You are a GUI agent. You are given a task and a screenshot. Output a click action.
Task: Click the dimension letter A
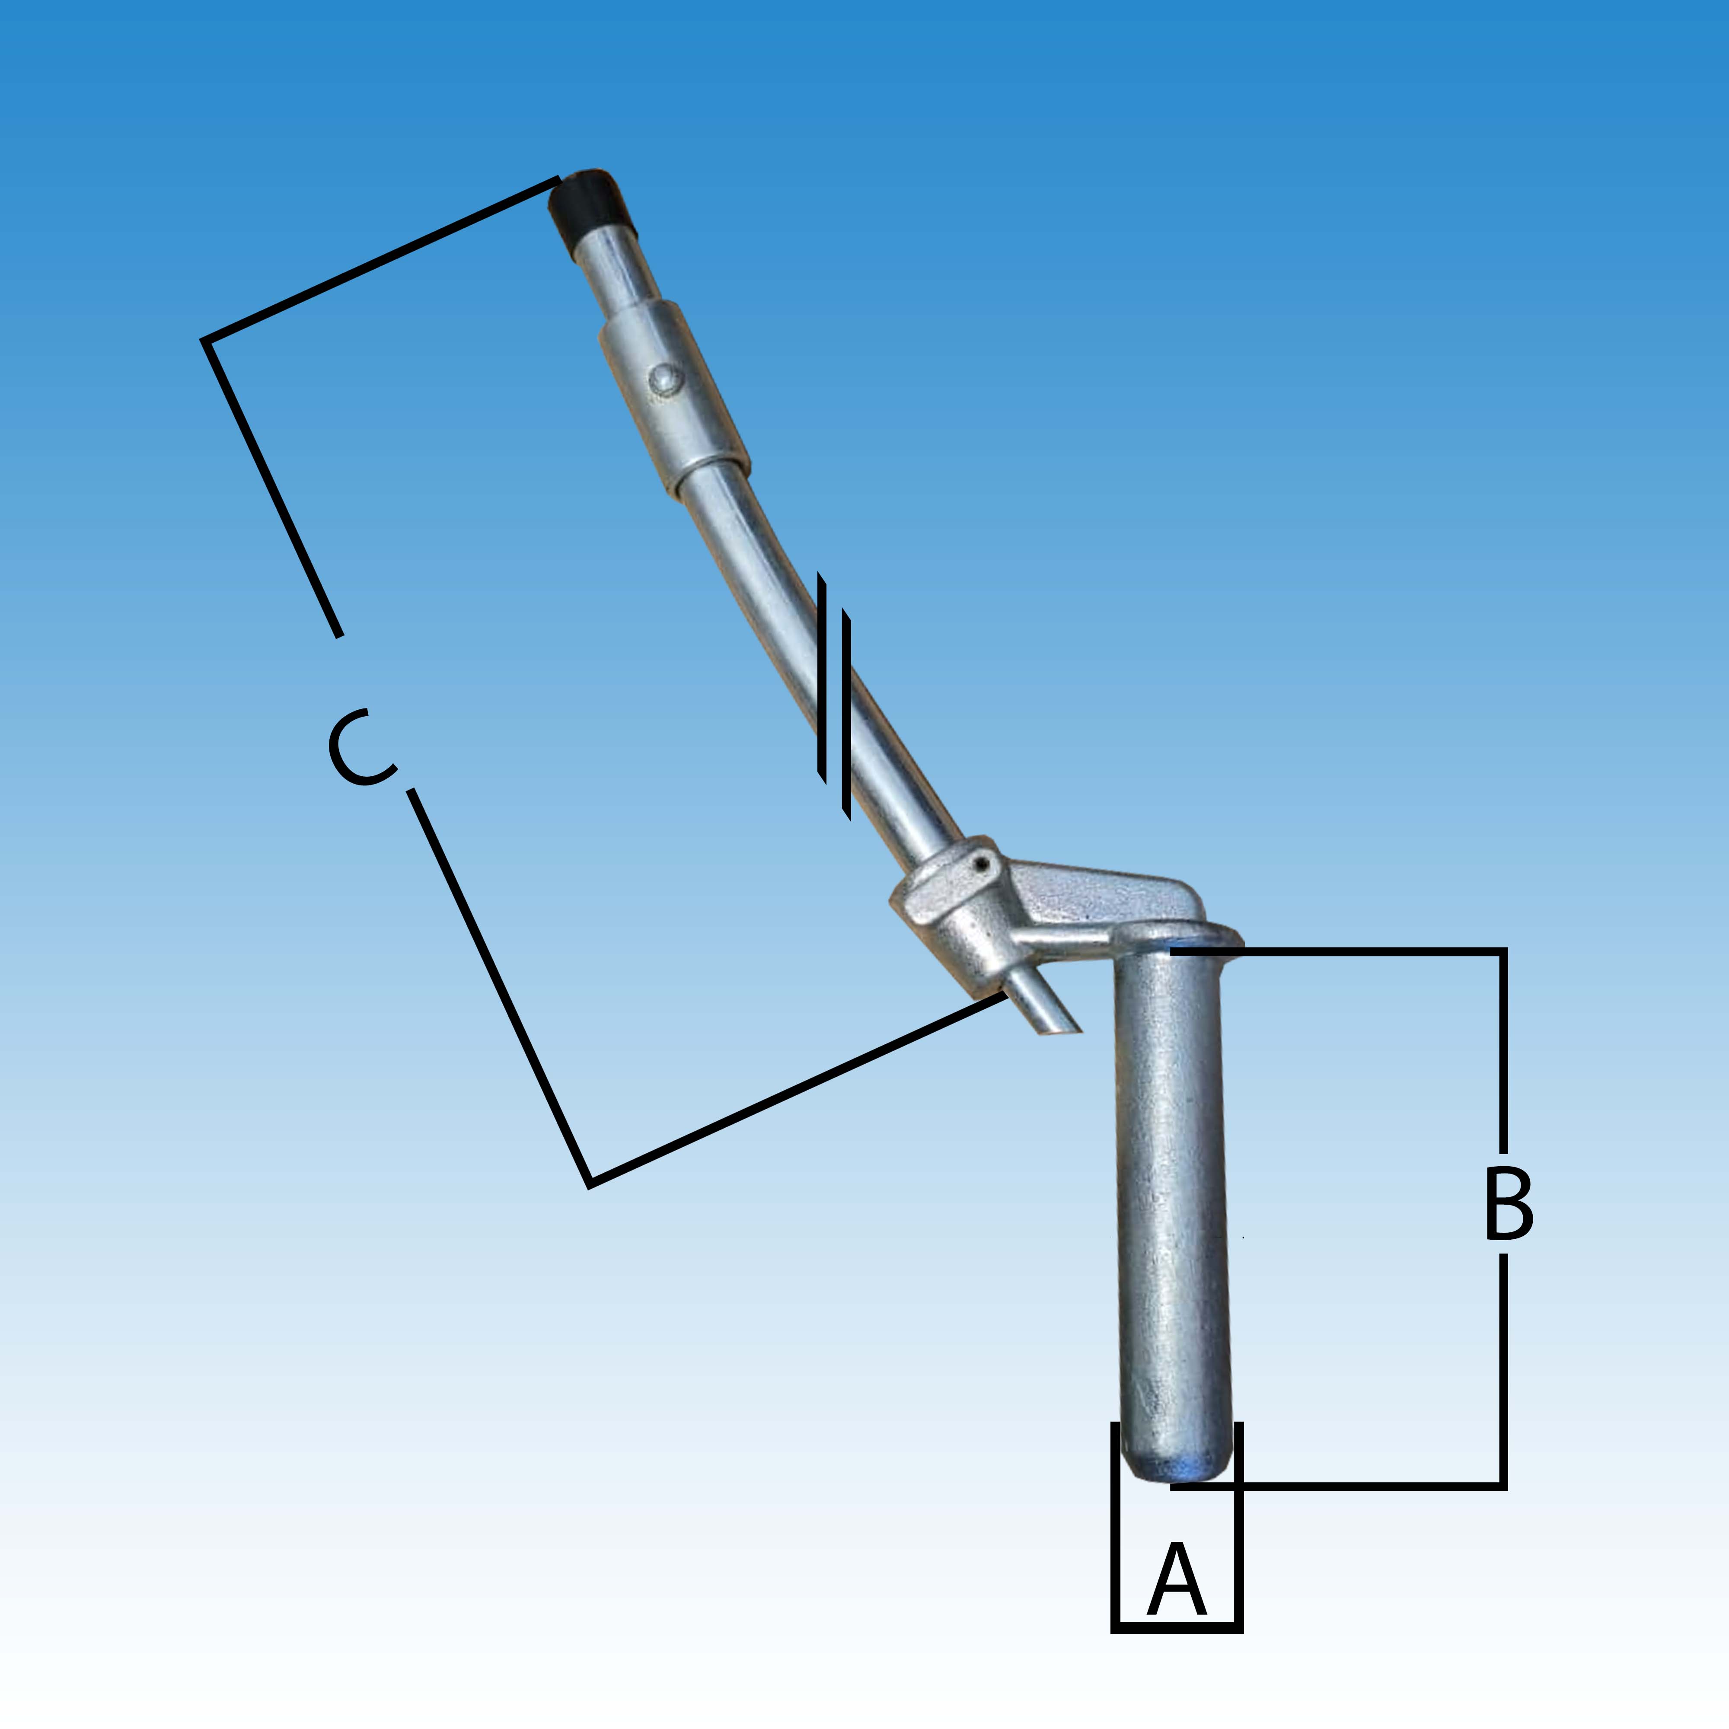1177,1579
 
